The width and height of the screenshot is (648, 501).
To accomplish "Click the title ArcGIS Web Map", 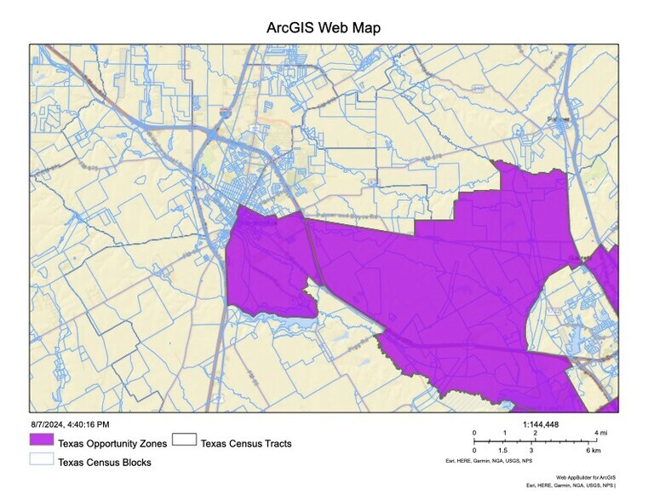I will click(324, 28).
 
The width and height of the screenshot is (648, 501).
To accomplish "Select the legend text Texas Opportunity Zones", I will click(112, 443).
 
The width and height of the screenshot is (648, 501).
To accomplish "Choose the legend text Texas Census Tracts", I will click(246, 443).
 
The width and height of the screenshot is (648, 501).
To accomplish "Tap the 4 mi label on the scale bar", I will click(601, 433).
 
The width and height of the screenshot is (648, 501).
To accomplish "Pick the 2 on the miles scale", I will click(536, 433).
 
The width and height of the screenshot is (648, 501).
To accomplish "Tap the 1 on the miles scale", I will click(505, 433).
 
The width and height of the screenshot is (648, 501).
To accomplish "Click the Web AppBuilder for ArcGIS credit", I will click(585, 478).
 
